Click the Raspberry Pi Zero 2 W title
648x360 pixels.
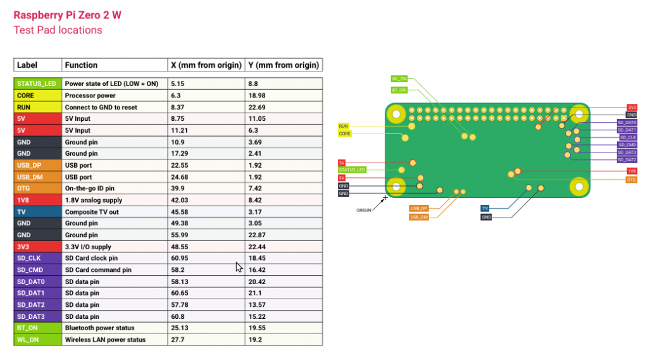tap(67, 15)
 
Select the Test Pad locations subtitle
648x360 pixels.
tap(58, 30)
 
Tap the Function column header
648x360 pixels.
tap(81, 65)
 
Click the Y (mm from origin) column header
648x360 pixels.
tap(283, 65)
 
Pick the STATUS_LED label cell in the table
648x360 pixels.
tap(37, 84)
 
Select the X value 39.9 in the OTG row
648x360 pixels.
tap(178, 189)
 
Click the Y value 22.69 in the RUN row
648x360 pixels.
tap(257, 107)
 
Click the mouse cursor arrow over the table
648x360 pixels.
tap(239, 267)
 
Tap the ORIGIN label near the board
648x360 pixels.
tap(364, 210)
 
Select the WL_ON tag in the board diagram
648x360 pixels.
tap(399, 78)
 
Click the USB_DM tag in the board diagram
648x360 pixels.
tap(419, 217)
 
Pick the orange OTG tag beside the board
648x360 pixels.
tap(632, 180)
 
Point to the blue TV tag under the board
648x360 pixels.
tap(485, 208)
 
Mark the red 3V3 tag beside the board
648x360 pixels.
tap(632, 108)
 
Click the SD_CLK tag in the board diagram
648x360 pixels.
tap(628, 137)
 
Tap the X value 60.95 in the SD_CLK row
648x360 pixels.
tap(179, 258)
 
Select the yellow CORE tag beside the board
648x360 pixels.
tap(345, 133)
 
